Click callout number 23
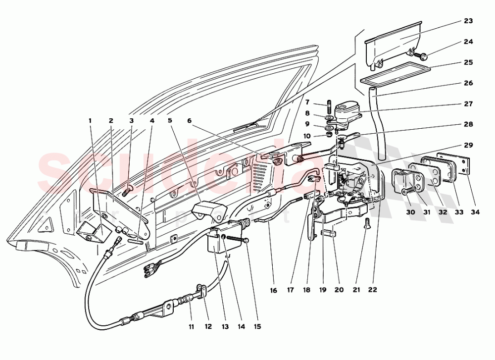[x=468, y=21]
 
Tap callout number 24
[x=468, y=42]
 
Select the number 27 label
[x=468, y=104]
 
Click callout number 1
[x=90, y=120]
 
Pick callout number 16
[x=273, y=291]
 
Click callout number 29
[x=468, y=146]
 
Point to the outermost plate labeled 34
[x=454, y=166]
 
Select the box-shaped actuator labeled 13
[x=215, y=242]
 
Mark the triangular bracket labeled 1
[x=92, y=231]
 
